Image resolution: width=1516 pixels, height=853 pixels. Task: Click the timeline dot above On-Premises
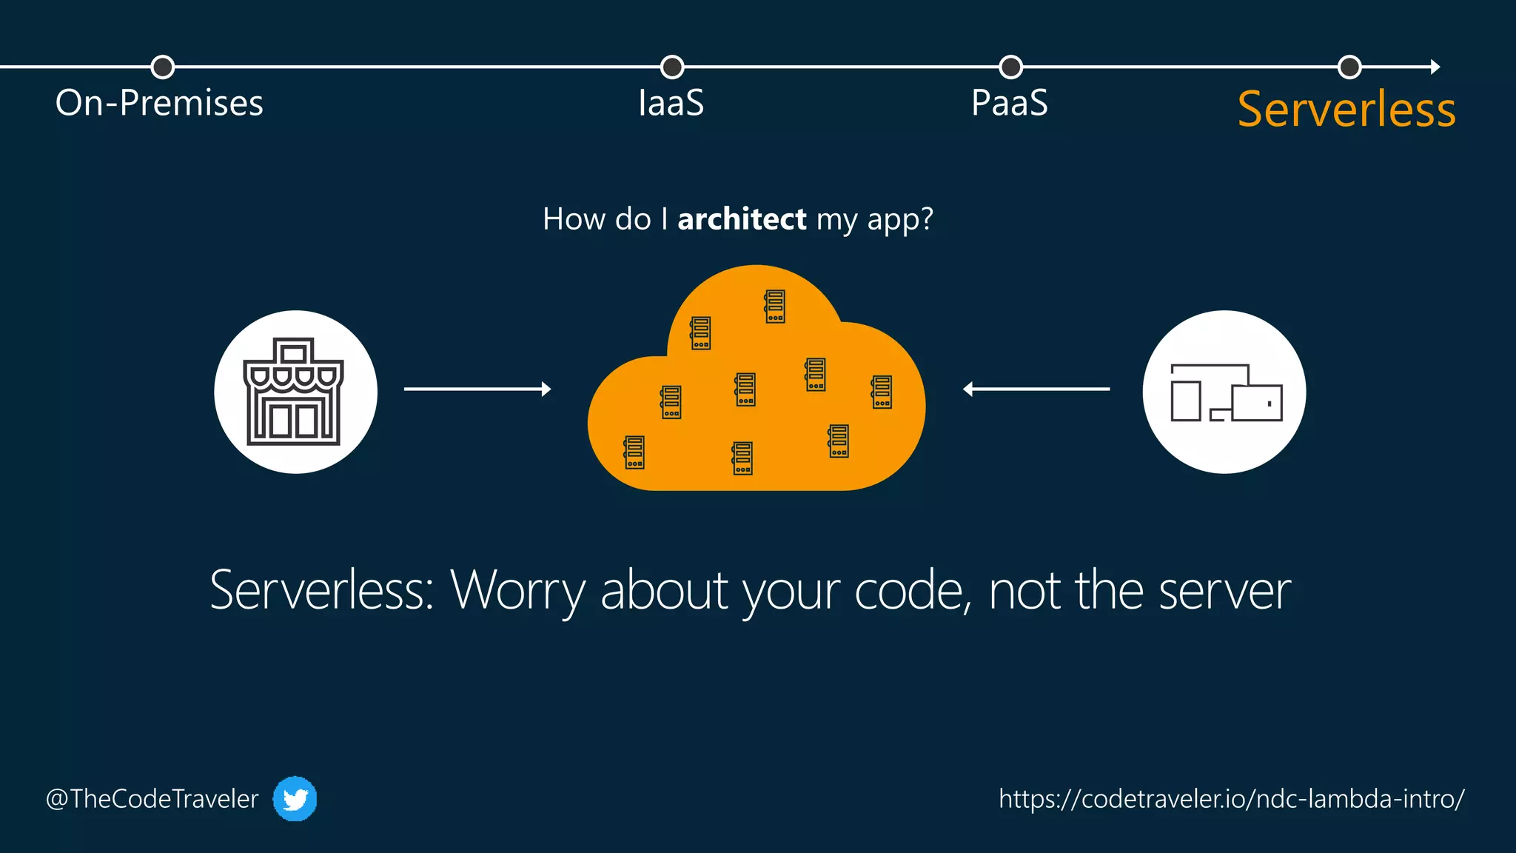coord(162,67)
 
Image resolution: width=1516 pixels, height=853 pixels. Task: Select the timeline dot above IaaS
coord(671,67)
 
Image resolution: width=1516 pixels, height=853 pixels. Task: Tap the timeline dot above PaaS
coord(1010,67)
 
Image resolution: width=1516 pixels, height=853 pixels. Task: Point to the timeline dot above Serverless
coord(1349,67)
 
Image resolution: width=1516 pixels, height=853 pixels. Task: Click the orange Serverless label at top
coord(1346,110)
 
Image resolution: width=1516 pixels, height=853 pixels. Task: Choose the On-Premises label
coord(159,103)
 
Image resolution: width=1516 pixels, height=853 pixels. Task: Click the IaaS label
coord(671,103)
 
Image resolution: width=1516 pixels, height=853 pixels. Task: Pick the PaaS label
coord(1009,103)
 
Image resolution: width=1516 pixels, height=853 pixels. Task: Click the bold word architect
coord(742,219)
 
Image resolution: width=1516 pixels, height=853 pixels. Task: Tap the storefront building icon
coord(294,392)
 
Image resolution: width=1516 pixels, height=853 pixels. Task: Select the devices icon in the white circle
coord(1225,392)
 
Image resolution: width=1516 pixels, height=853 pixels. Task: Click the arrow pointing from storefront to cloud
coord(477,389)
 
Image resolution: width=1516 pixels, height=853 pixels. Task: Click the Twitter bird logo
coord(295,799)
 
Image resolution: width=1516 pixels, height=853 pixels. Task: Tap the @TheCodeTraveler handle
coord(152,799)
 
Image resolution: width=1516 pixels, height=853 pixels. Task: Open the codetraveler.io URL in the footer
coord(1231,799)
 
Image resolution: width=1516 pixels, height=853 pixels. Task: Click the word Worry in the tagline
coord(517,591)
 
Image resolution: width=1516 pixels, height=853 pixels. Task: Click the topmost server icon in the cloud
coord(774,307)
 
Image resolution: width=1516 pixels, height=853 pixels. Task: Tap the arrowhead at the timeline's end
coord(1435,67)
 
